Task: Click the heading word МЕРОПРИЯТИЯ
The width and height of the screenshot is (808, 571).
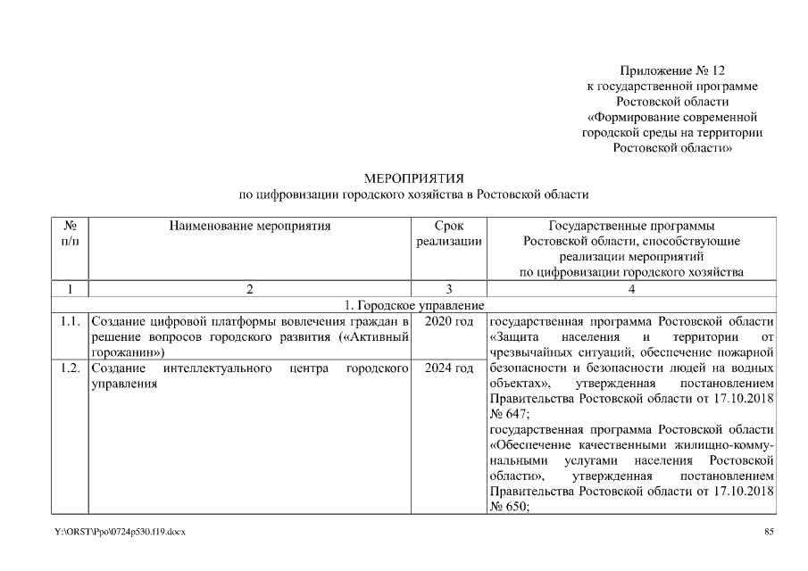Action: click(x=413, y=178)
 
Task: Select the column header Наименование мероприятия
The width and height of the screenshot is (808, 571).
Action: click(x=250, y=227)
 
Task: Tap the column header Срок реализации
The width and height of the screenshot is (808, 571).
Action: click(x=449, y=234)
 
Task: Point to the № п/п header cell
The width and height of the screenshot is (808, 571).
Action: click(x=70, y=234)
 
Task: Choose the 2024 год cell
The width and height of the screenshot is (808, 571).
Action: click(x=449, y=368)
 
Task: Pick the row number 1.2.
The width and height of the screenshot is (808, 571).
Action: click(x=71, y=368)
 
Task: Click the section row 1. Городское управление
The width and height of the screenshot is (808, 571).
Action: click(x=413, y=305)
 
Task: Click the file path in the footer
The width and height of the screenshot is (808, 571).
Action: click(x=120, y=533)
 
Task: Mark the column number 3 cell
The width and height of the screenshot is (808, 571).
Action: click(x=449, y=289)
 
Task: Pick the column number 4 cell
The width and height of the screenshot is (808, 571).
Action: click(x=631, y=289)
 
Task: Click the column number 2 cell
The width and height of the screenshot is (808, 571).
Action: click(x=250, y=289)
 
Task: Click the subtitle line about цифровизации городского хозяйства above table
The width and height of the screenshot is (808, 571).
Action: click(x=413, y=194)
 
